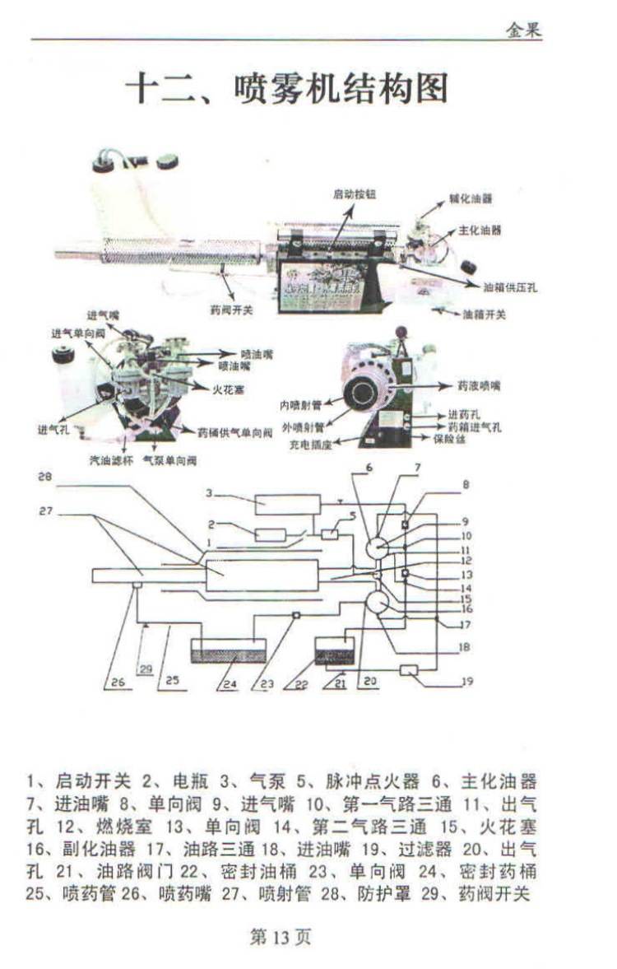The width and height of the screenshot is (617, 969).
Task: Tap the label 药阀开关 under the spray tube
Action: click(x=232, y=310)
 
